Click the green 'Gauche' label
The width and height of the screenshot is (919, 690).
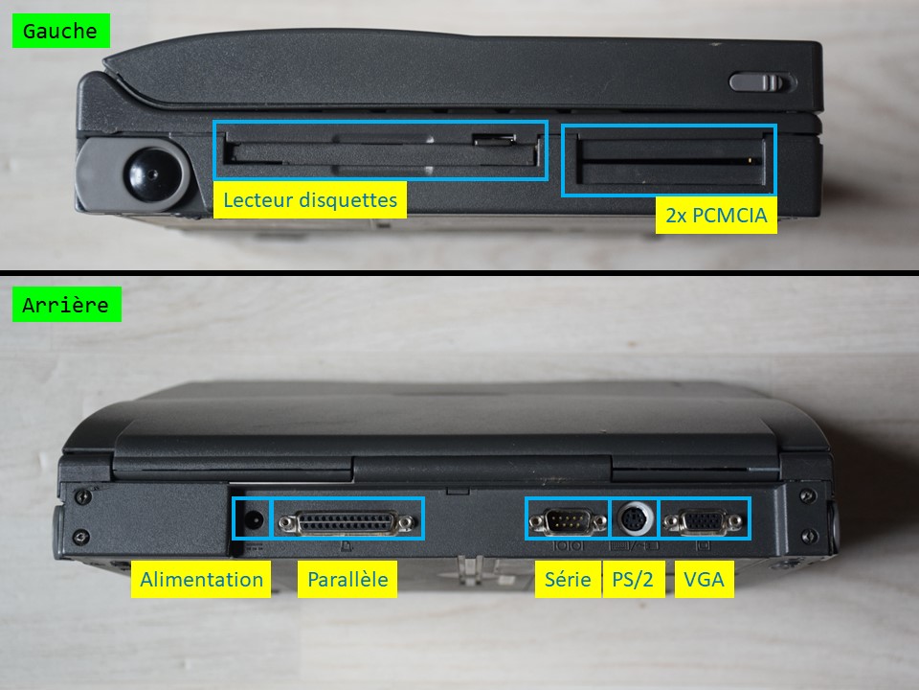tap(61, 31)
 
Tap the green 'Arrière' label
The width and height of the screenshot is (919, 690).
tap(66, 304)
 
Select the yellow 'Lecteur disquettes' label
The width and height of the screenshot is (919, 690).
tap(309, 199)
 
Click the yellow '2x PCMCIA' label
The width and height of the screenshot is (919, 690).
tap(716, 215)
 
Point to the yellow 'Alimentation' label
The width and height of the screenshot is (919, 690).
tap(201, 579)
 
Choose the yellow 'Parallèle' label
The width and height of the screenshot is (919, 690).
tap(347, 579)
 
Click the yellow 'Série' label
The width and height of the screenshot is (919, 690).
tap(568, 579)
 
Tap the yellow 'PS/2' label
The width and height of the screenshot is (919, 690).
tap(633, 579)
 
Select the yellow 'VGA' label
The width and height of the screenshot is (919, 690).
tap(704, 579)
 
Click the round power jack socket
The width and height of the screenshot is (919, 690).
tap(253, 519)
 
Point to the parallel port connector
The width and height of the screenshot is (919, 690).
tap(347, 523)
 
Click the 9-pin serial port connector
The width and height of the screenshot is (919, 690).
tap(568, 521)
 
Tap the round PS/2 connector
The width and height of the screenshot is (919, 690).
tap(635, 518)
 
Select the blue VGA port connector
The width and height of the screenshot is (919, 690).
tap(703, 521)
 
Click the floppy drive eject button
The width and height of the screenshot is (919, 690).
tap(495, 140)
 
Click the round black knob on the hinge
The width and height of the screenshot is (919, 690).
tap(153, 174)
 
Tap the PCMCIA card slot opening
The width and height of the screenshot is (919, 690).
tap(670, 160)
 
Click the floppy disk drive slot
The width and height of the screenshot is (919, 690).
tap(382, 150)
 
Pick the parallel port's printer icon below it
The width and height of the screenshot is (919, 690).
tap(347, 547)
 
